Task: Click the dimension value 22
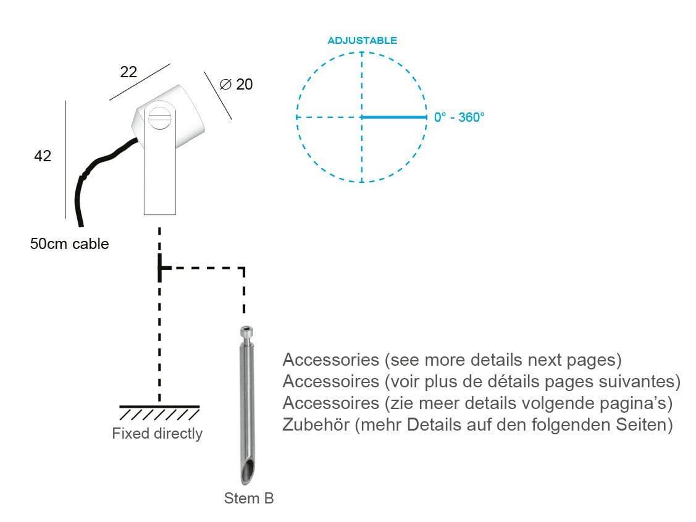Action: pyautogui.click(x=128, y=72)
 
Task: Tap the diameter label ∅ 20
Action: pyautogui.click(x=236, y=84)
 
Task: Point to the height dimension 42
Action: pyautogui.click(x=43, y=156)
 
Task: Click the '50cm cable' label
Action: pyautogui.click(x=69, y=243)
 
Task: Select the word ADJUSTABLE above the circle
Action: pyautogui.click(x=362, y=40)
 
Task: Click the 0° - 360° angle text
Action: pyautogui.click(x=459, y=117)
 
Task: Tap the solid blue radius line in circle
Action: pyautogui.click(x=394, y=117)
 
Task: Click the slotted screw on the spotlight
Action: pyautogui.click(x=160, y=116)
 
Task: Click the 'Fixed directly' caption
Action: pyautogui.click(x=157, y=433)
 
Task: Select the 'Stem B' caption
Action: pyautogui.click(x=248, y=498)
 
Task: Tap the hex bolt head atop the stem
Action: pyautogui.click(x=247, y=332)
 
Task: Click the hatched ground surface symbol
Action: pyautogui.click(x=159, y=413)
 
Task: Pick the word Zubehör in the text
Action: pyautogui.click(x=316, y=424)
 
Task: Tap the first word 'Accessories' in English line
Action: pyautogui.click(x=330, y=360)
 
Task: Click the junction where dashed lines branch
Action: pyautogui.click(x=160, y=267)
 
